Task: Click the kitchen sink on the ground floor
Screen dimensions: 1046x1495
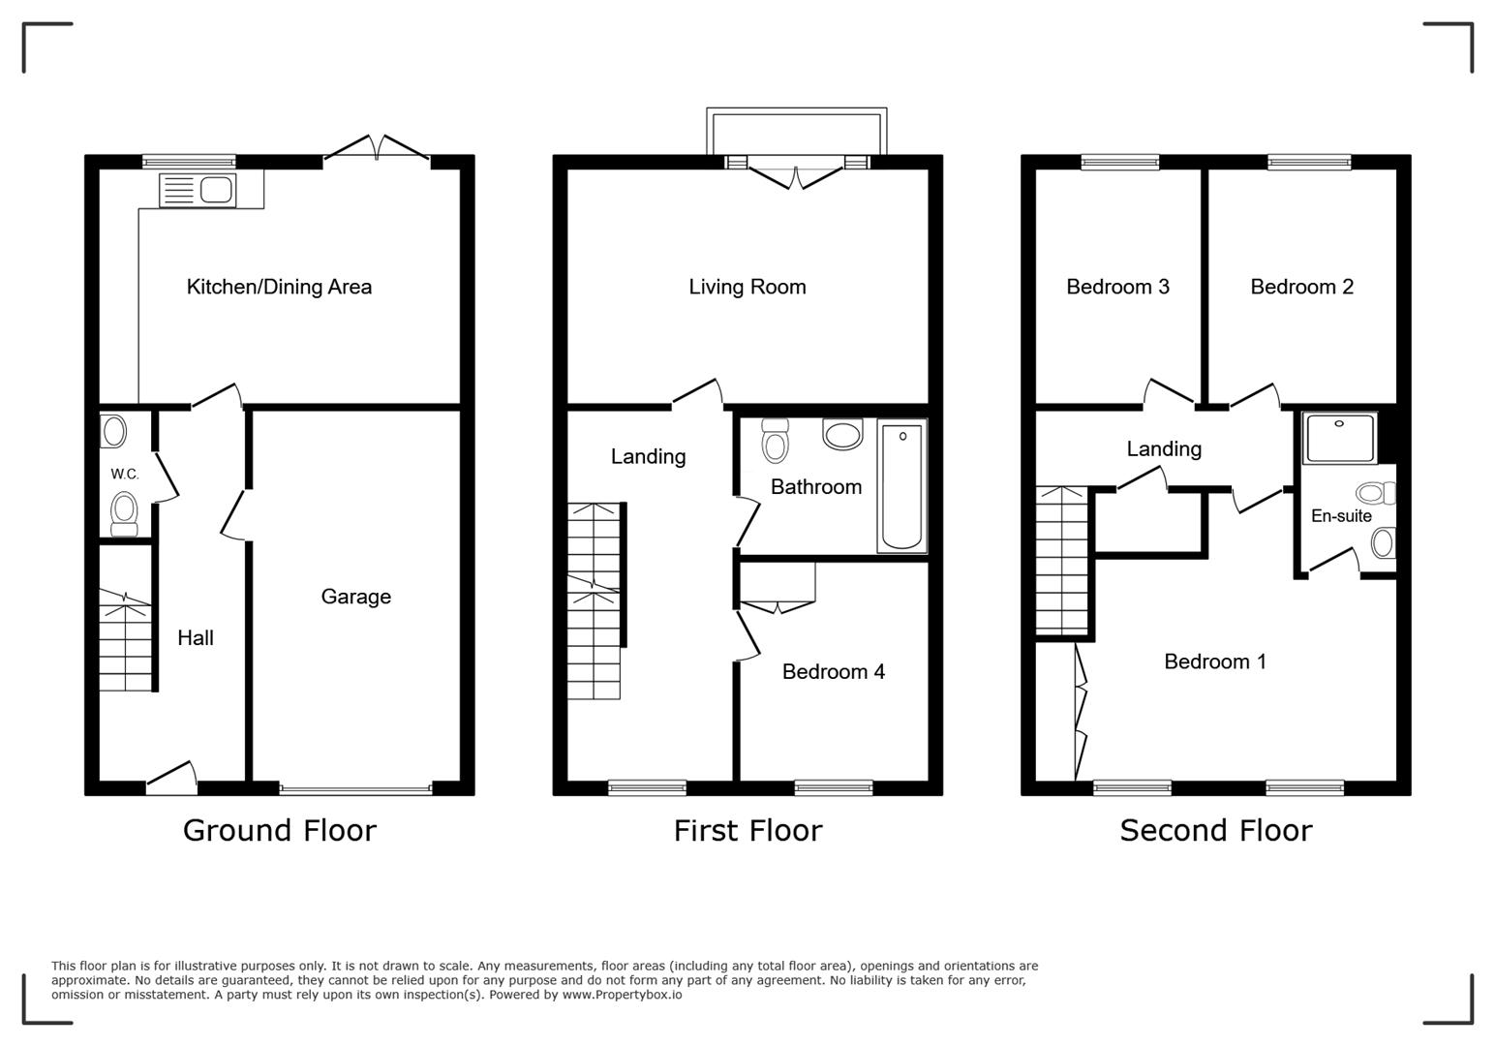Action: (x=198, y=190)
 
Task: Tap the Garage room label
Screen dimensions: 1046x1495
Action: (x=355, y=597)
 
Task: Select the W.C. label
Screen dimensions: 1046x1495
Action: (x=124, y=474)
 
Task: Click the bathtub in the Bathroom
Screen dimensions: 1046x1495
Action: (x=901, y=486)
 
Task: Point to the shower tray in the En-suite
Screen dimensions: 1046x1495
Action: (x=1340, y=438)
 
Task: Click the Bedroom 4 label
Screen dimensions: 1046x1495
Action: (x=833, y=671)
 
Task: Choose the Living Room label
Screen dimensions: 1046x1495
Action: (x=747, y=287)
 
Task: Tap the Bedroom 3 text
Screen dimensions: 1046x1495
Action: (x=1117, y=287)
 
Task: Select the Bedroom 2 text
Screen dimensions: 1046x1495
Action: (x=1301, y=287)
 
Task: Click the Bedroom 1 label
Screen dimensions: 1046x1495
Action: (x=1214, y=661)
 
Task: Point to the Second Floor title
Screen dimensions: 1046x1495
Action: (x=1215, y=830)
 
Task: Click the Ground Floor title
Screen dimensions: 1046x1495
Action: (x=279, y=830)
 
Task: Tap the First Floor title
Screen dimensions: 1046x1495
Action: (x=747, y=830)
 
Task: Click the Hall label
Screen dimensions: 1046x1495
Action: (x=195, y=637)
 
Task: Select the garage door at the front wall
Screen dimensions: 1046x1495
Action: (x=355, y=789)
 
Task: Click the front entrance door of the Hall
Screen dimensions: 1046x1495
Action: (x=171, y=781)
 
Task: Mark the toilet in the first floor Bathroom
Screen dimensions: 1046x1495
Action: (x=775, y=441)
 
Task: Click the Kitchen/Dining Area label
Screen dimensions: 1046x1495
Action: (x=279, y=287)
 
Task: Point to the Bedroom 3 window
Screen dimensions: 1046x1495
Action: (x=1119, y=162)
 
